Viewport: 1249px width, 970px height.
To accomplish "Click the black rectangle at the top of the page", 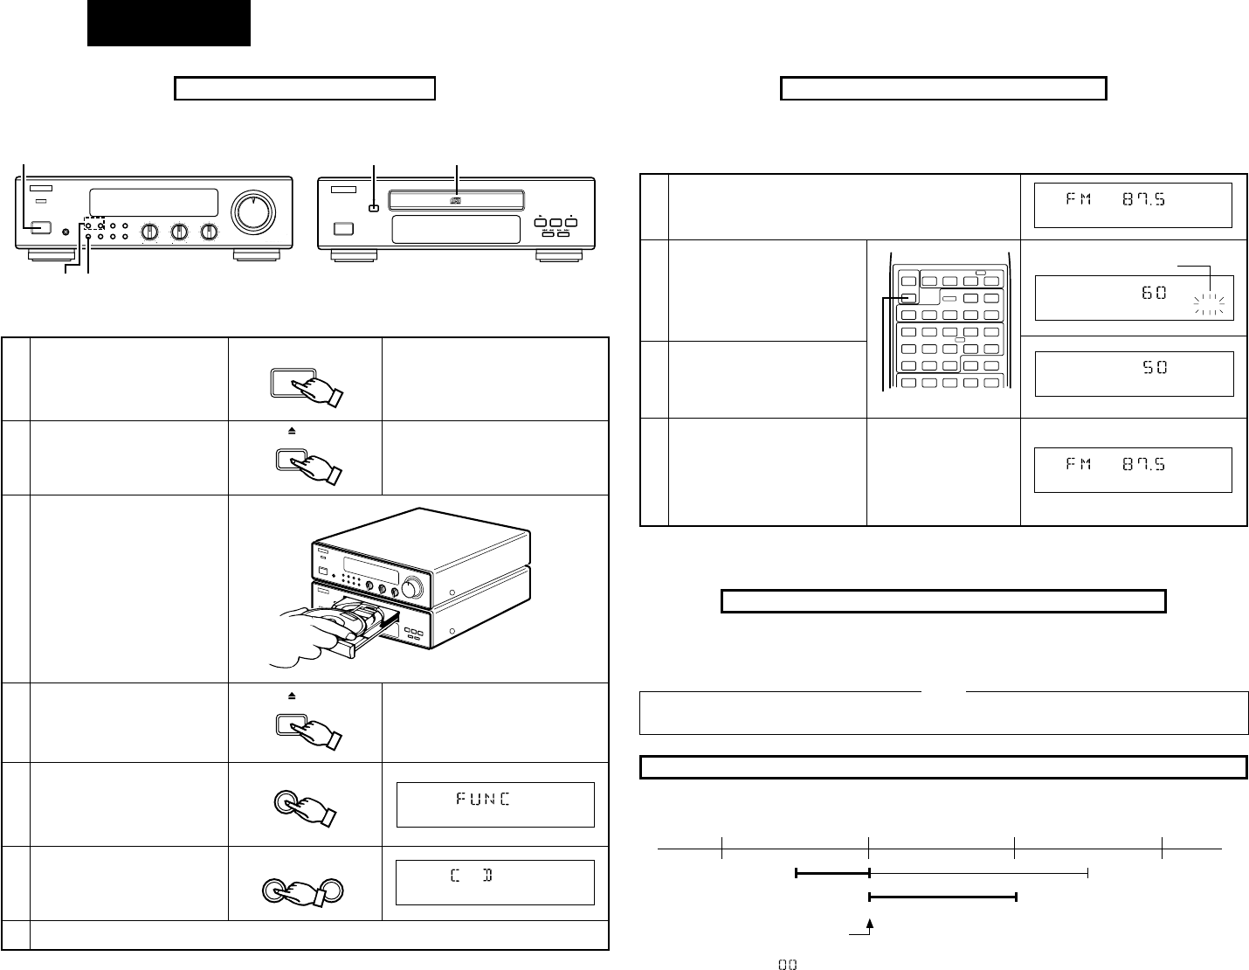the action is pyautogui.click(x=169, y=23).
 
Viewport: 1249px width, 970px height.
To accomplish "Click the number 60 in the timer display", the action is pyautogui.click(x=1154, y=293).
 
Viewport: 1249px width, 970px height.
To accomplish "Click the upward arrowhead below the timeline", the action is pyautogui.click(x=870, y=925).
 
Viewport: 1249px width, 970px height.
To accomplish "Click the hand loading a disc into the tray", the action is pyautogui.click(x=314, y=633).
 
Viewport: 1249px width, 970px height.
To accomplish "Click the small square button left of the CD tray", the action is pyautogui.click(x=373, y=208).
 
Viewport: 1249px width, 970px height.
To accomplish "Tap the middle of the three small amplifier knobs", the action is pyautogui.click(x=179, y=232).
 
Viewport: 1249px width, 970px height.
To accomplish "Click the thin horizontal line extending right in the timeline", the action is pyautogui.click(x=978, y=872).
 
